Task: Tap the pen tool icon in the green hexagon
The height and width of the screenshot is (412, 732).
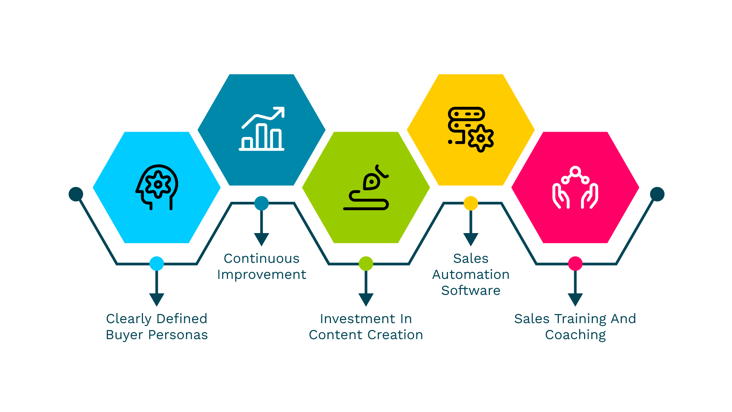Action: point(366,187)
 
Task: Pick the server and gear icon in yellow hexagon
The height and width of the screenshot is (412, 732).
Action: point(471,129)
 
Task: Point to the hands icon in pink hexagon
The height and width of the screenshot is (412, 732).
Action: point(575,187)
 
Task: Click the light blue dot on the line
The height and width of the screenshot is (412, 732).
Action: point(157,264)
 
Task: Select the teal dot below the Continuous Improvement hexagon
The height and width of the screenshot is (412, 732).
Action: point(262,203)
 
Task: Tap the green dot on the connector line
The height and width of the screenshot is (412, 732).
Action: point(366,264)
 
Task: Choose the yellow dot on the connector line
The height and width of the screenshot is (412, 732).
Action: point(471,203)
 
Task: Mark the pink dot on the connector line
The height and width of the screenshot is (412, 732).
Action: point(575,264)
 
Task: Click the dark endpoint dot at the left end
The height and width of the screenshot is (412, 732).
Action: point(76,194)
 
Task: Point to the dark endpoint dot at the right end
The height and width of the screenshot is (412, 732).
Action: point(657,194)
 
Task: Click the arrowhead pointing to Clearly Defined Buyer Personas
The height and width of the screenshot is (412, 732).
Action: point(157,299)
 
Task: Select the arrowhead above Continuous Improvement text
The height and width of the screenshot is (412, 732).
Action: point(262,239)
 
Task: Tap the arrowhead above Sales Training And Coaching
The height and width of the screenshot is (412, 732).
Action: point(575,299)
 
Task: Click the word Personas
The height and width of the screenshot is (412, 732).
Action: point(178,335)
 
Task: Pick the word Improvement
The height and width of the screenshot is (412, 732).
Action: point(262,275)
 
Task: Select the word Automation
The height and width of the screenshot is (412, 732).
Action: point(471,275)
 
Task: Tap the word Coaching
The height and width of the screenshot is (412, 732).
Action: point(575,335)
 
